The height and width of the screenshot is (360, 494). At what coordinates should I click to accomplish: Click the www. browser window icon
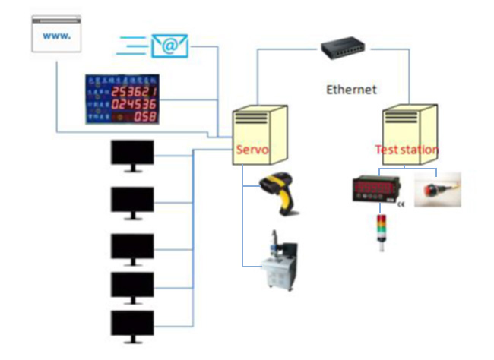coord(57,35)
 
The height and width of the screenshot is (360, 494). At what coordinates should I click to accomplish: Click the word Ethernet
coord(351,90)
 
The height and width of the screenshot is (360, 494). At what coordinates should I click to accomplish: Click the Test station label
coord(407,150)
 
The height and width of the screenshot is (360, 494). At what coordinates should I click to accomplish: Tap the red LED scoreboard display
coord(122,99)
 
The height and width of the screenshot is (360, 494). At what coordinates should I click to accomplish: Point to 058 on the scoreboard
coord(145,116)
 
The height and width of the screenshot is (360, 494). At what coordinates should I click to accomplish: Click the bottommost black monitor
coord(132,324)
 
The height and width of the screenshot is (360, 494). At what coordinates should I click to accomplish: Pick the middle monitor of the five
coord(132,248)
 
